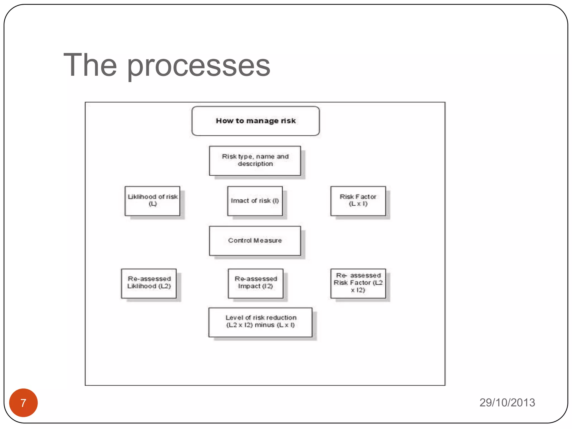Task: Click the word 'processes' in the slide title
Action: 199,66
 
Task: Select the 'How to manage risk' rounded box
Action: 255,121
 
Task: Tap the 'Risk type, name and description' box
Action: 255,161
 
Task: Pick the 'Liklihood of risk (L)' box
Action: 152,201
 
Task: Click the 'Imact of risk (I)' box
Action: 255,201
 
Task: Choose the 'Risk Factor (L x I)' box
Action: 358,201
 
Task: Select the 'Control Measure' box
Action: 255,241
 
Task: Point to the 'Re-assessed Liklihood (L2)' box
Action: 149,283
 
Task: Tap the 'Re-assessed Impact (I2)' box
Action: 255,283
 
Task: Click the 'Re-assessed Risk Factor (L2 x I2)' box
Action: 358,283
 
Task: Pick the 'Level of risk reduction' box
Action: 260,322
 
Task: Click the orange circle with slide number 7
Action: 23,402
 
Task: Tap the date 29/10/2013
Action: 507,402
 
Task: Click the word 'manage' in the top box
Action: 262,121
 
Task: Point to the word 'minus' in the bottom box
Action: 264,325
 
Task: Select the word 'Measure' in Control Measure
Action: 268,240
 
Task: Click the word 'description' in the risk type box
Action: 255,164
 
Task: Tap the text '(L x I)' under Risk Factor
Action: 358,204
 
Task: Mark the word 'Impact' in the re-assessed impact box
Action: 249,286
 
